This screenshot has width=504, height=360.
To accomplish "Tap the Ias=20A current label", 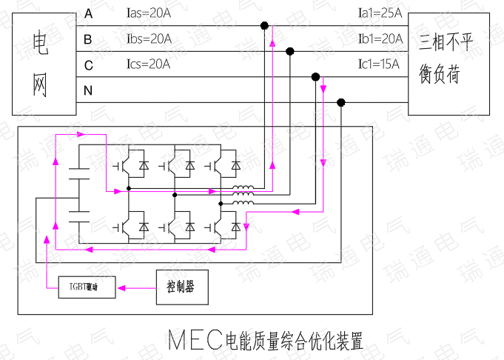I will click(149, 13).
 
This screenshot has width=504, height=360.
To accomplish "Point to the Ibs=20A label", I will click(149, 39).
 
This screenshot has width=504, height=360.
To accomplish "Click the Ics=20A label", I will click(149, 64).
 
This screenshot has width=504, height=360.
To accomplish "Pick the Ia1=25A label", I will click(380, 13).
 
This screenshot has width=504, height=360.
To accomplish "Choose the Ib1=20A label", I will click(380, 39).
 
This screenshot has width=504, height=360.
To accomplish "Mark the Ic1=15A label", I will click(379, 64).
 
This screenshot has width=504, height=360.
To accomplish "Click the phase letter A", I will click(89, 14).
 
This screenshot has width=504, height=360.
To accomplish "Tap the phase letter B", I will click(88, 39).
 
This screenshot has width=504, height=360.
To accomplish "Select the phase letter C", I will click(89, 66).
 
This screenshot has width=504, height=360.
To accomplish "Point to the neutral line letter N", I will click(89, 91).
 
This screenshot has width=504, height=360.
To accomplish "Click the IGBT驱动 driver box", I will click(87, 286).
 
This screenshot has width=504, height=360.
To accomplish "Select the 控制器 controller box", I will click(181, 285).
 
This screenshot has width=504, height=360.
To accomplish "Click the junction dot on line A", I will click(264, 25).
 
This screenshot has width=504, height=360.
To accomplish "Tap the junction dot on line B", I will click(290, 51).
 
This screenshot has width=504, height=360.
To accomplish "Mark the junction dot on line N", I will click(341, 102).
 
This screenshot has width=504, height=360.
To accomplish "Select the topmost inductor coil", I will click(243, 188).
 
